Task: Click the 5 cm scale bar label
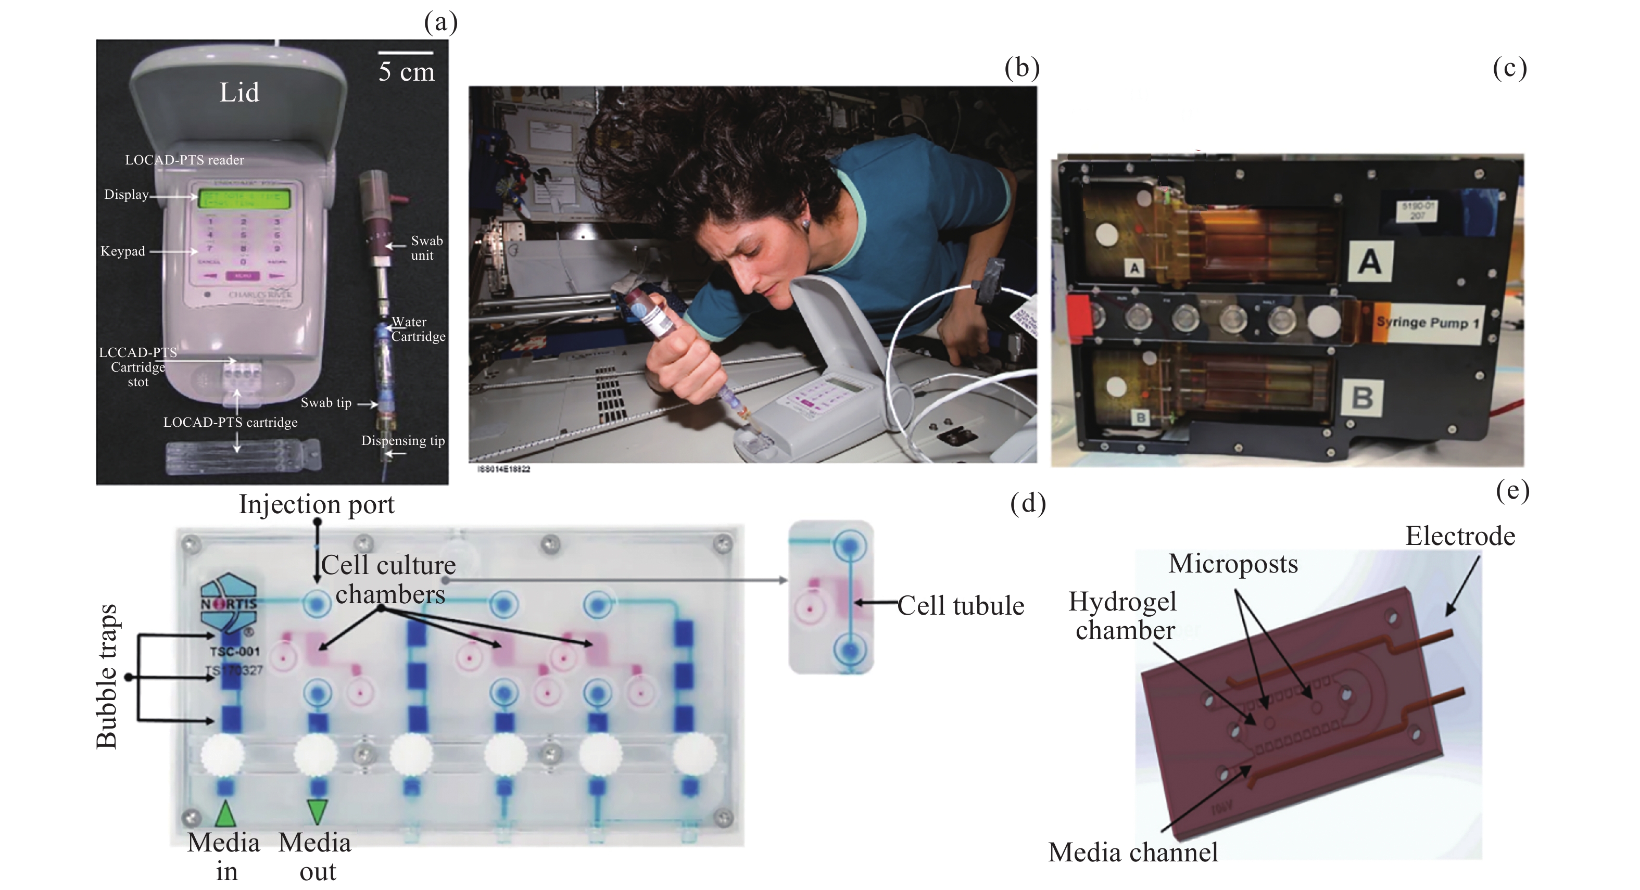coord(406,72)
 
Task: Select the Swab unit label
coord(425,248)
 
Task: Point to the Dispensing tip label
coord(402,440)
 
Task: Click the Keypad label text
coord(123,251)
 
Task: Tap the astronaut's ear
coord(805,223)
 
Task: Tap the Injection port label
coord(317,505)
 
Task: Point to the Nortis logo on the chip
coord(228,600)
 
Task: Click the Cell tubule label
coord(960,605)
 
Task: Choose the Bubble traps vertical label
coord(107,676)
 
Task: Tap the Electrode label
coord(1460,536)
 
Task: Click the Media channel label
coord(1132,853)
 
